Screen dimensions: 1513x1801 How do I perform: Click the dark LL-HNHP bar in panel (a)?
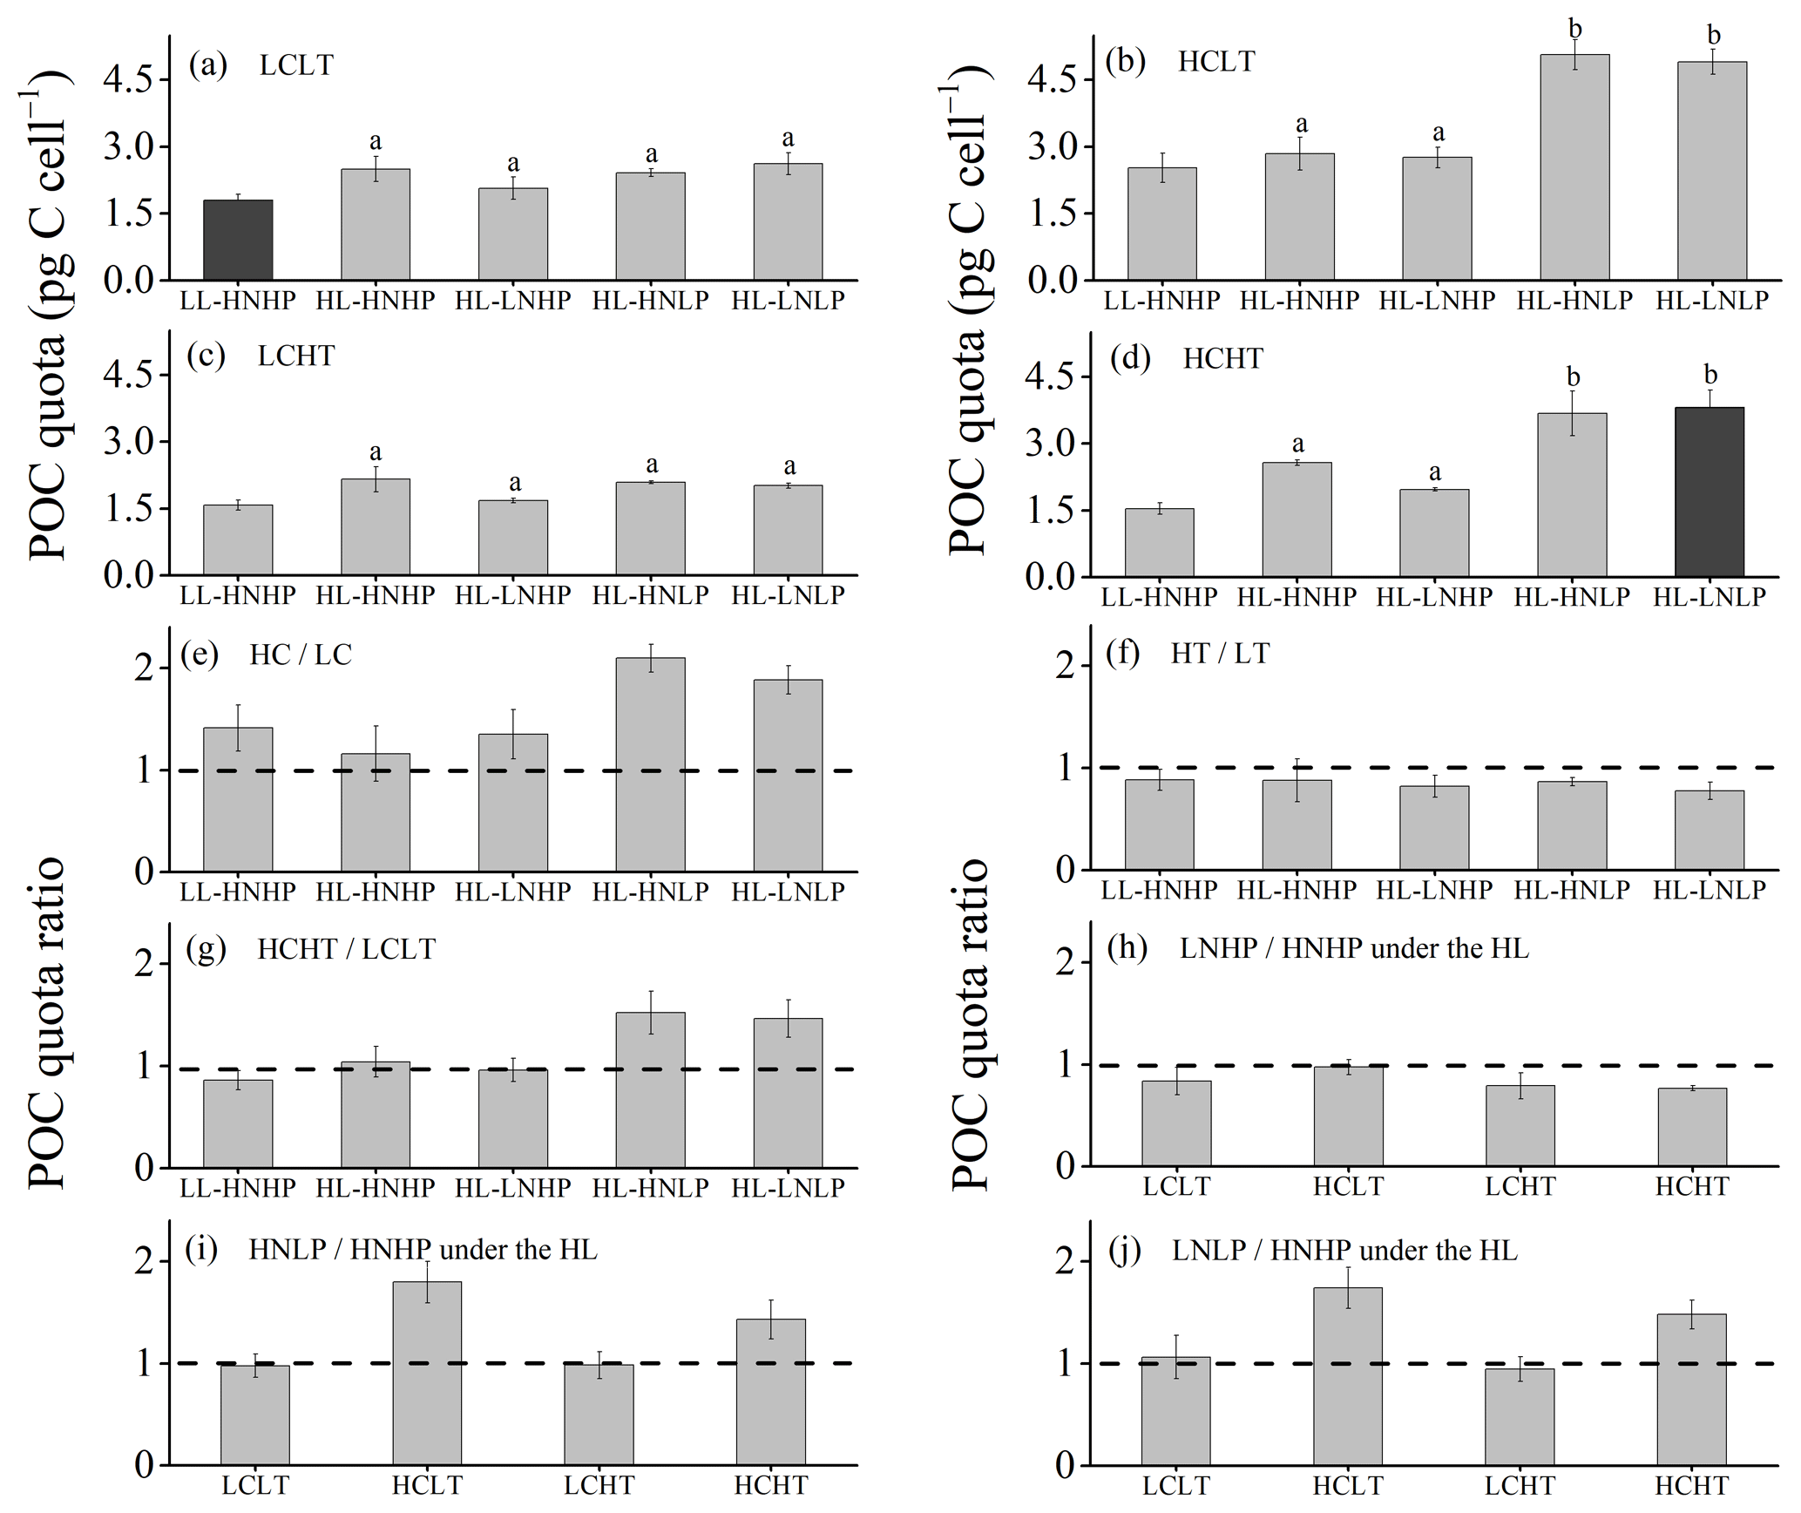238,240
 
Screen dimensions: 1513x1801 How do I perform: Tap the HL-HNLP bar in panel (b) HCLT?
1574,167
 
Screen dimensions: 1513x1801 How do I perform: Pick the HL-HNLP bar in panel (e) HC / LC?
650,764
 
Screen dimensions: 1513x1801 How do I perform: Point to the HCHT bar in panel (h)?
1691,1127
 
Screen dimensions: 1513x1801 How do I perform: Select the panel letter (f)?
1123,653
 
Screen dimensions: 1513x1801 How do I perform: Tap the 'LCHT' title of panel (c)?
295,356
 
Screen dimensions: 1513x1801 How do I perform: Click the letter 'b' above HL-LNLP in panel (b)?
1713,36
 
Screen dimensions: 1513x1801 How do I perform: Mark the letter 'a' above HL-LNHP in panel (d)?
1434,472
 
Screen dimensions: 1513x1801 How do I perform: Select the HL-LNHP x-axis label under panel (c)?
512,595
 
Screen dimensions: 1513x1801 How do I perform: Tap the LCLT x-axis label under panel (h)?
1176,1186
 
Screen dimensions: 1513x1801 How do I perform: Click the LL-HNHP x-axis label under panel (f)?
1159,890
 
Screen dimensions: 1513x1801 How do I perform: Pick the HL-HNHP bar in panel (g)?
375,1114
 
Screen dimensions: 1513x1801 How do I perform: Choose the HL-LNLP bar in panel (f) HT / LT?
1709,830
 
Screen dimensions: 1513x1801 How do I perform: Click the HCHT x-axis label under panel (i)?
770,1485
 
